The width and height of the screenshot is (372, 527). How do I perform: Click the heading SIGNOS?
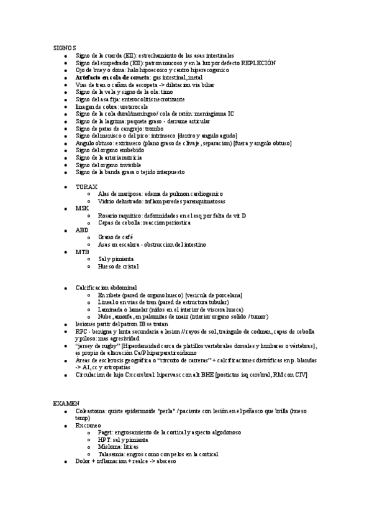(x=65, y=47)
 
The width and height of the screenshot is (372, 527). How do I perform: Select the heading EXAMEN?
(x=66, y=403)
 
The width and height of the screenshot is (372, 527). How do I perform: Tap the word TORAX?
(x=86, y=186)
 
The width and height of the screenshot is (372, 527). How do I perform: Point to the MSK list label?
(x=83, y=208)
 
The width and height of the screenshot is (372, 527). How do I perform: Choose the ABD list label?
(x=83, y=229)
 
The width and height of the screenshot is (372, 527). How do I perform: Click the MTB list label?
(x=83, y=252)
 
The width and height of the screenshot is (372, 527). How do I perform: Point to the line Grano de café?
(x=116, y=237)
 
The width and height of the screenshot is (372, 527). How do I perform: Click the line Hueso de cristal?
(x=119, y=266)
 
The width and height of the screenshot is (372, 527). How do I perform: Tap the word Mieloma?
(x=109, y=446)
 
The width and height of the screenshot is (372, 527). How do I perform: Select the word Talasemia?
(x=111, y=454)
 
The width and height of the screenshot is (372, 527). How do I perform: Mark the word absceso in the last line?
(x=166, y=461)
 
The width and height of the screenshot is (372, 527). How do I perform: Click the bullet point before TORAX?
(x=66, y=186)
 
